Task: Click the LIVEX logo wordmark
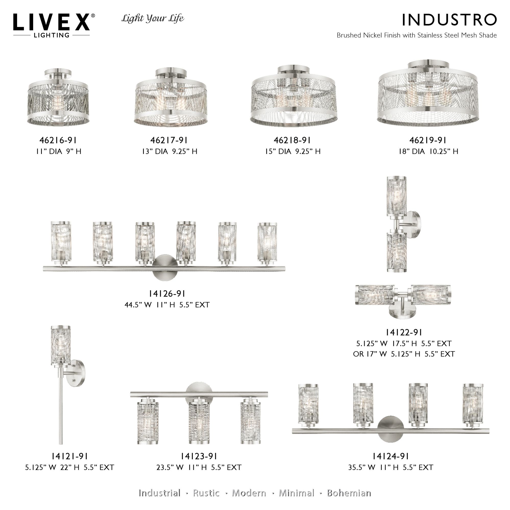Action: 52,22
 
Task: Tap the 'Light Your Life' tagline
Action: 153,18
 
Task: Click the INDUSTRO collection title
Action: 449,20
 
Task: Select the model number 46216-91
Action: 58,140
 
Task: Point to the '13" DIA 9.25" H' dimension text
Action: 170,151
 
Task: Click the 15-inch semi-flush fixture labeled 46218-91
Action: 293,100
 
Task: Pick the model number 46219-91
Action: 428,140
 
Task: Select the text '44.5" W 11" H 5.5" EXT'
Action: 167,305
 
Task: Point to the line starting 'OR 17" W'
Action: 404,354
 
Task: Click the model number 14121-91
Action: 69,456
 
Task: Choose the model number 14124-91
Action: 391,456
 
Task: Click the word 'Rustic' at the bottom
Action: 206,493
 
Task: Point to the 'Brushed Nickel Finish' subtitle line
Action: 417,35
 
